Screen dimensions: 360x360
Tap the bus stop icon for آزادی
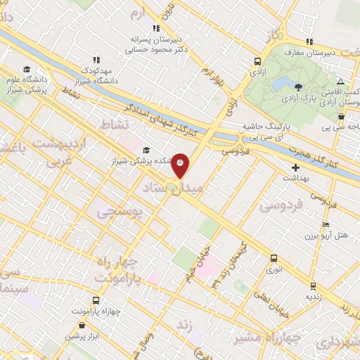tap(257, 60)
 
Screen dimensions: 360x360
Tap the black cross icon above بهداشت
tap(295, 168)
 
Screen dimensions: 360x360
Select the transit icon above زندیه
tap(312, 286)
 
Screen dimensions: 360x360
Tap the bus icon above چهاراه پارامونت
tap(96, 300)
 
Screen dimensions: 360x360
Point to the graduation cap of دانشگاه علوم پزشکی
tap(26, 69)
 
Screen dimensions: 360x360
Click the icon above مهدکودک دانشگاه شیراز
tap(97, 60)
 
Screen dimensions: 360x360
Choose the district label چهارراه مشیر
tap(274, 337)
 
